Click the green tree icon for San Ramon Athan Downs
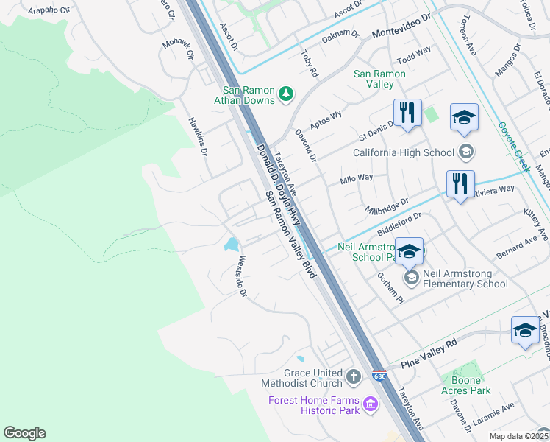click(286, 94)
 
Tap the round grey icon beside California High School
click(465, 152)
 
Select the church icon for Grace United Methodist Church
click(354, 378)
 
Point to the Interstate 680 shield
click(379, 376)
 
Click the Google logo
click(24, 433)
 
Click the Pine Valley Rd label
click(430, 343)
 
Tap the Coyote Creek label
click(513, 147)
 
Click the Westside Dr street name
click(240, 277)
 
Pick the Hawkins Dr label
click(197, 136)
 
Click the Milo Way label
click(357, 178)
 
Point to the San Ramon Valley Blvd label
click(290, 234)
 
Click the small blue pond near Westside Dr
click(232, 244)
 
